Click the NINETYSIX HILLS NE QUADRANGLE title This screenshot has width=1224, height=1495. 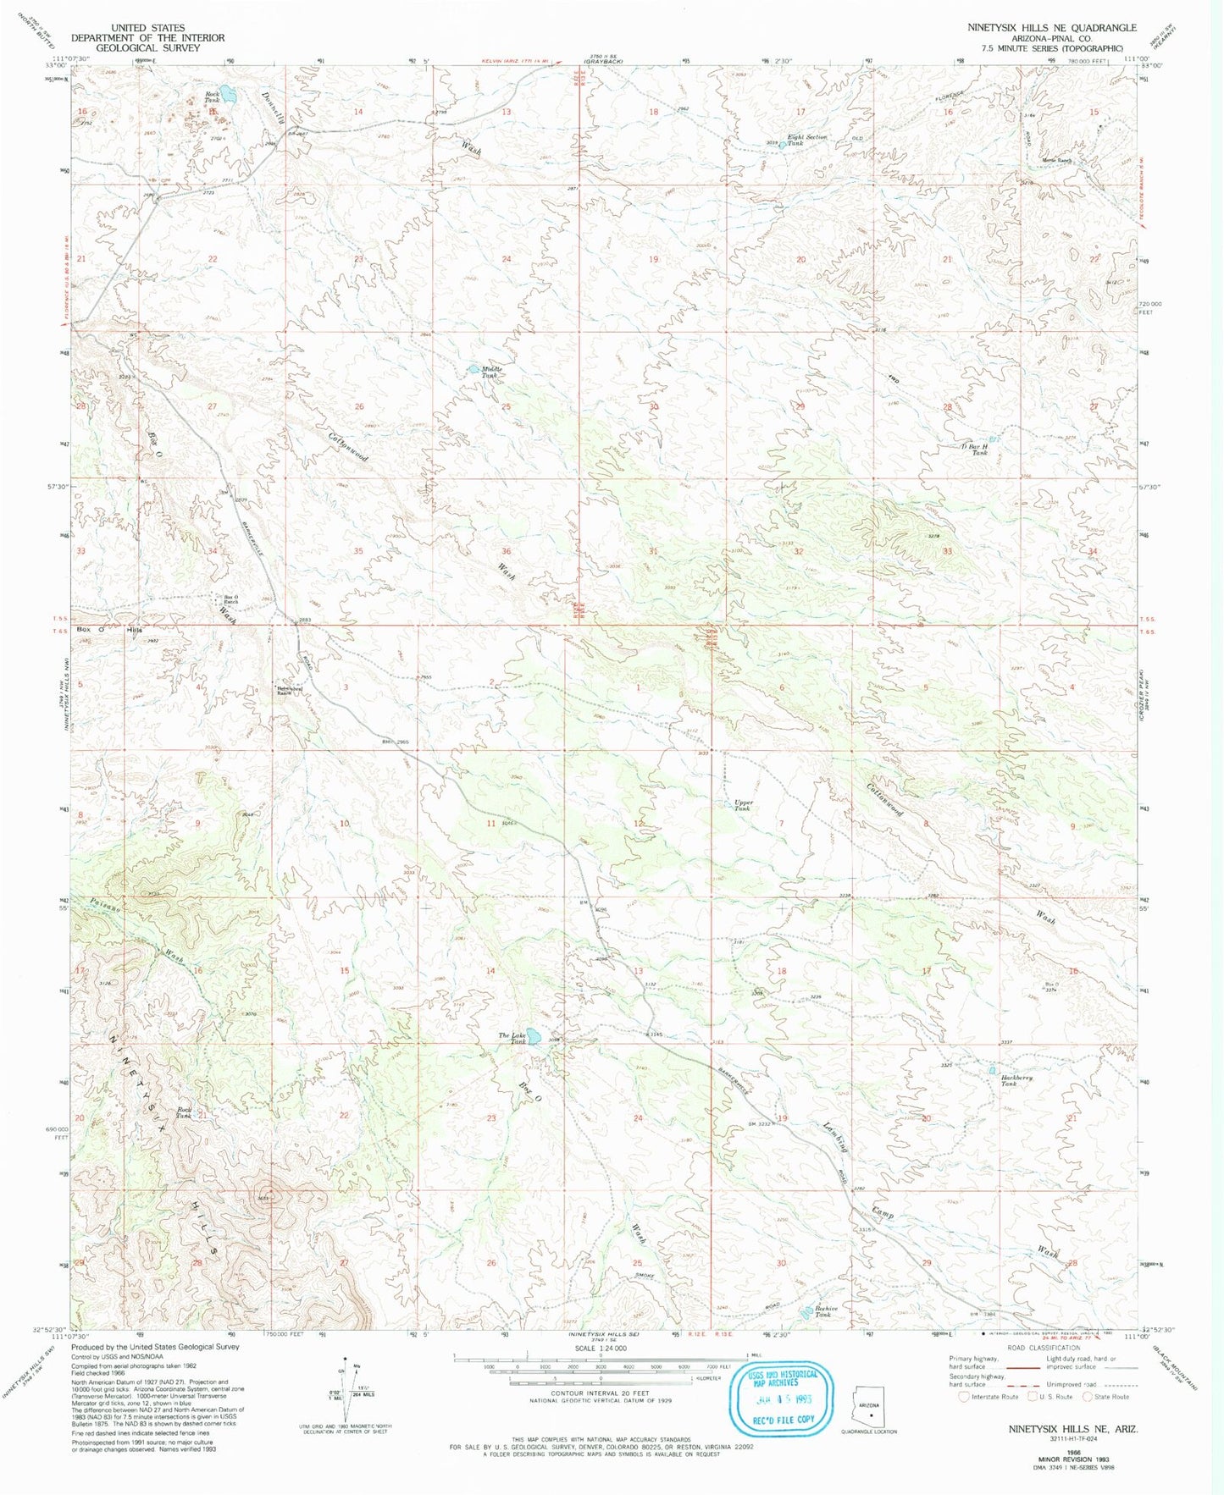pos(1052,28)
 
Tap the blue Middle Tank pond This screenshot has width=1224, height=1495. pos(473,369)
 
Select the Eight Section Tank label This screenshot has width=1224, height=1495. pos(806,140)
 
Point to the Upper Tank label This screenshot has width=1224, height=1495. pos(742,805)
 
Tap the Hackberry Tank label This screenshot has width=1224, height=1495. pos(1016,1080)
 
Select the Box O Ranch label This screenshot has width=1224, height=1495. pos(230,599)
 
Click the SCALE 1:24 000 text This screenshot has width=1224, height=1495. pos(599,1348)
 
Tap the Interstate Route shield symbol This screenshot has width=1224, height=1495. pos(963,1397)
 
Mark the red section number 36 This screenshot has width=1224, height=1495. pos(506,551)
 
